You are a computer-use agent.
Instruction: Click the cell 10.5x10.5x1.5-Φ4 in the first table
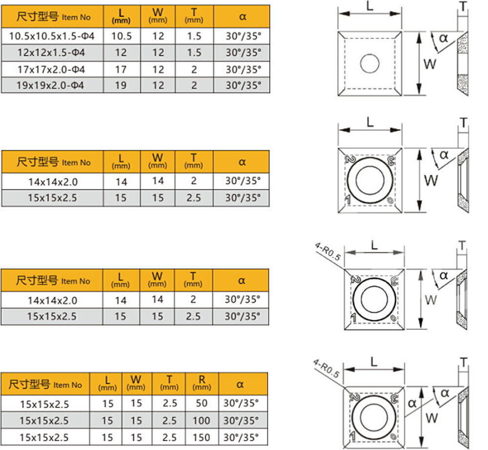click(52, 36)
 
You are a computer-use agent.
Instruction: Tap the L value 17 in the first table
click(122, 69)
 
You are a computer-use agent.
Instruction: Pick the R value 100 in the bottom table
click(202, 420)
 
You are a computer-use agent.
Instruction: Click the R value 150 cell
click(202, 437)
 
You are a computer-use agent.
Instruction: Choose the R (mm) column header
click(202, 384)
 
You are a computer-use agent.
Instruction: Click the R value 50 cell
click(202, 403)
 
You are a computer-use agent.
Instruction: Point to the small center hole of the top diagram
click(369, 63)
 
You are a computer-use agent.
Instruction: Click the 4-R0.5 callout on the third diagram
click(327, 251)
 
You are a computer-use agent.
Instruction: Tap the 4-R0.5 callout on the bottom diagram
click(326, 368)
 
